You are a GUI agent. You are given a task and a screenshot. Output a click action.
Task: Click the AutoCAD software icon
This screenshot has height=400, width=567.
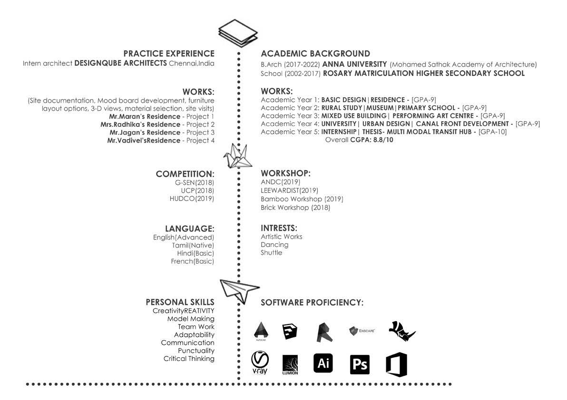[x=260, y=331]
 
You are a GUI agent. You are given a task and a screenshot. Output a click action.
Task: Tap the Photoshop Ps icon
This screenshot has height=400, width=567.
[x=360, y=364]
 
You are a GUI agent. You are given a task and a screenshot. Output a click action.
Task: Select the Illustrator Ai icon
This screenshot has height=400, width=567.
[x=323, y=363]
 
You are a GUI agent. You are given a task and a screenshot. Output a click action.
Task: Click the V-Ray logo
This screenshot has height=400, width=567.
[x=260, y=362]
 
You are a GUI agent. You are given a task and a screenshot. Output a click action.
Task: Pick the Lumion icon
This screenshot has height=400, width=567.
[x=290, y=365]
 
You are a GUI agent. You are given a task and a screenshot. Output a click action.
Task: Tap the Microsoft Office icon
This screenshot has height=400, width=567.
[x=396, y=364]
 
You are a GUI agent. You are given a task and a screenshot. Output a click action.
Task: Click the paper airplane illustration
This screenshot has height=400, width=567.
[x=239, y=290]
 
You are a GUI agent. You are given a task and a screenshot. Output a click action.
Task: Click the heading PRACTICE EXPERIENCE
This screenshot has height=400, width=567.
[x=169, y=54]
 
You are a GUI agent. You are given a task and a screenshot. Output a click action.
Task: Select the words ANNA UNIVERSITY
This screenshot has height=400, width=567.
[x=354, y=64]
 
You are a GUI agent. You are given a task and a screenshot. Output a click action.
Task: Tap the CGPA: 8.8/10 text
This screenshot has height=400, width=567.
[x=371, y=140]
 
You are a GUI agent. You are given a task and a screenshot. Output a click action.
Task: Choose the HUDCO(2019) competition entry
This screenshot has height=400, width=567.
[x=192, y=199]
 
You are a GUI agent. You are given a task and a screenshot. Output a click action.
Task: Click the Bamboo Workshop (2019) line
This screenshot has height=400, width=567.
[x=302, y=199]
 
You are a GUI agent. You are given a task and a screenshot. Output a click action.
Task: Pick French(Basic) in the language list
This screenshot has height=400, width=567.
[x=192, y=261]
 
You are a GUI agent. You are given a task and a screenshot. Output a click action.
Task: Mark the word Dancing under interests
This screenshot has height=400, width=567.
[x=274, y=245]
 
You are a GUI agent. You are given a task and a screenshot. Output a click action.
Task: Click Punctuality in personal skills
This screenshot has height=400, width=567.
[x=196, y=351]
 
